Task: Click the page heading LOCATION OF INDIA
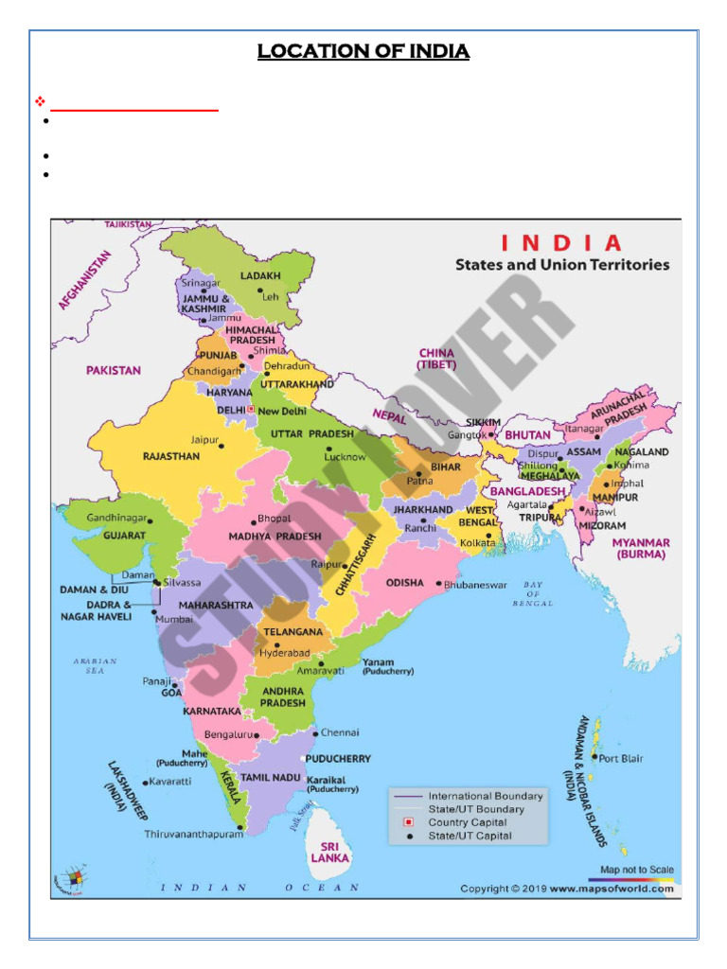363,51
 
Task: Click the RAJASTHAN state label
170,456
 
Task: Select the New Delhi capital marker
251,410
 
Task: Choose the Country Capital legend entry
469,822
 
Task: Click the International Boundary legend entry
485,796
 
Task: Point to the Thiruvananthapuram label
192,835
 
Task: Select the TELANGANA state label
293,631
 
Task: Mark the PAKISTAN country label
113,370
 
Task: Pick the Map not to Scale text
637,870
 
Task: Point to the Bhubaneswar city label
476,585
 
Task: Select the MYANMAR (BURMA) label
641,549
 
